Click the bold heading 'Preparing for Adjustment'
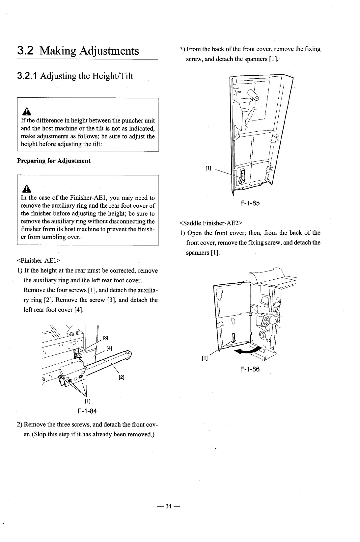click(54, 161)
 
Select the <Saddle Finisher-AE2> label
click(208, 223)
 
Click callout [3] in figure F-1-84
click(105, 338)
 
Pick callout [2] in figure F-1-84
click(121, 377)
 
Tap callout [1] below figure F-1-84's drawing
click(88, 401)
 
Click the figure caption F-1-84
click(87, 411)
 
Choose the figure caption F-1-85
click(250, 203)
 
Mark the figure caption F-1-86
click(250, 369)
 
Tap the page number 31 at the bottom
click(168, 506)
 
